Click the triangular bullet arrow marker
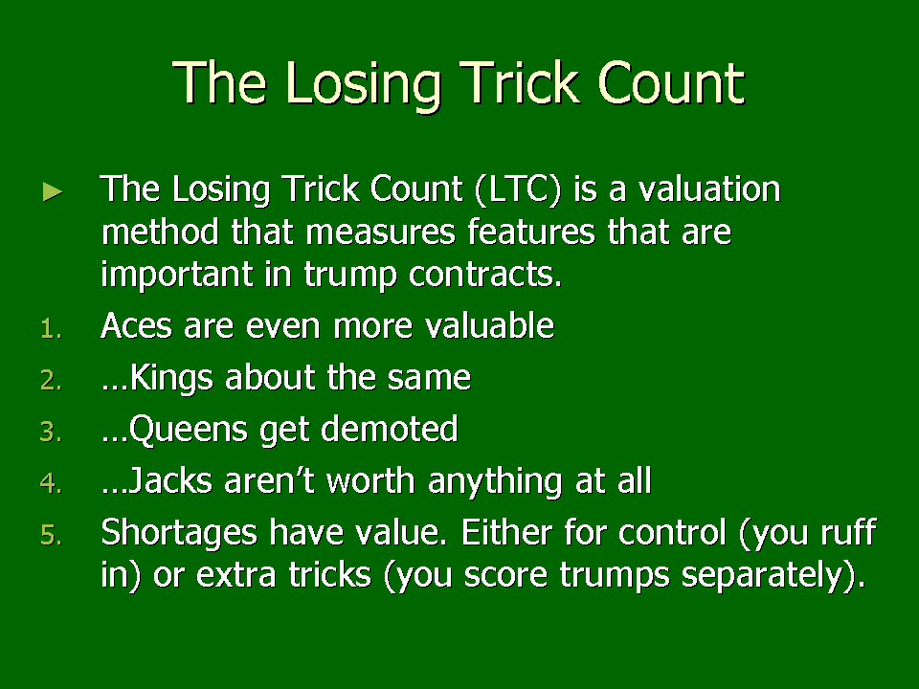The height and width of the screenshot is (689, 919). coord(53,191)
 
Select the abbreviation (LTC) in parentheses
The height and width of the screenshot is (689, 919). coord(518,189)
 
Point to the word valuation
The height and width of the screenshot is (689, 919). coord(709,189)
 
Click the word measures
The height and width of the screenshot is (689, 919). coord(380,232)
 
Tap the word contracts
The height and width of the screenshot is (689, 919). coord(484,275)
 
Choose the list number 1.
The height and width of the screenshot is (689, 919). coord(51,328)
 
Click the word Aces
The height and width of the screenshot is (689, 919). coord(137,325)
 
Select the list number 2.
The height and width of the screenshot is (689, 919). coord(51,380)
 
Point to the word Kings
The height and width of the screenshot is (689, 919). coord(171,378)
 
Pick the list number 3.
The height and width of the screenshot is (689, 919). coord(51,432)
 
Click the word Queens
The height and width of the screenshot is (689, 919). coord(189,430)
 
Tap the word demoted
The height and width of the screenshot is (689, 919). coord(390,429)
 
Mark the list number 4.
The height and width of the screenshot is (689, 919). coord(51,483)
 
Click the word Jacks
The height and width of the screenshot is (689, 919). coord(169,480)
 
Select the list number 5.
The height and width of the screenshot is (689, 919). coord(51,535)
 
